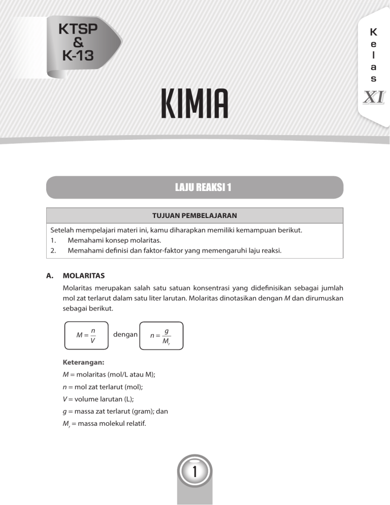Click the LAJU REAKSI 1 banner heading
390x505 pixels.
pos(195,187)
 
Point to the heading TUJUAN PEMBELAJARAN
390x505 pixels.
pos(195,216)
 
